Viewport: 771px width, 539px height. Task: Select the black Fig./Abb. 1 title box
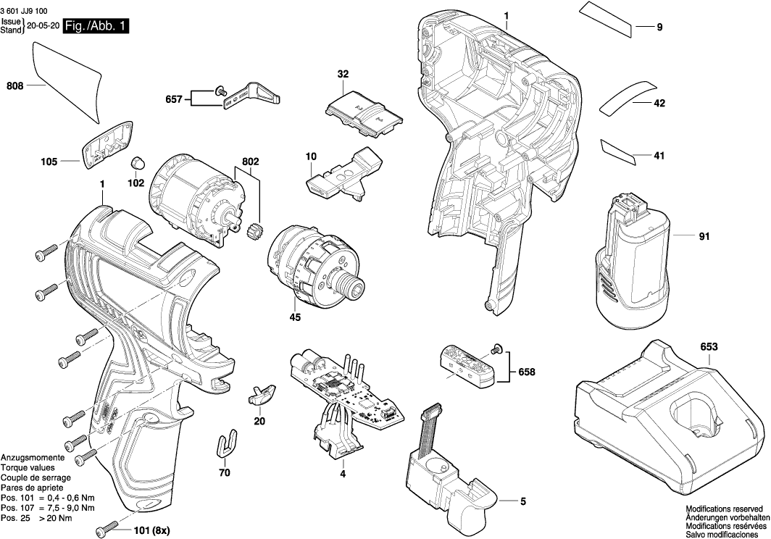pyautogui.click(x=96, y=27)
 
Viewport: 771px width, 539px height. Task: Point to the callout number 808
pyautogui.click(x=14, y=86)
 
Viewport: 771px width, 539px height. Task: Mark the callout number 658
pyautogui.click(x=527, y=372)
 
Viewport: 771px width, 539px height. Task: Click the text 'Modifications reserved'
pyautogui.click(x=724, y=509)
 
